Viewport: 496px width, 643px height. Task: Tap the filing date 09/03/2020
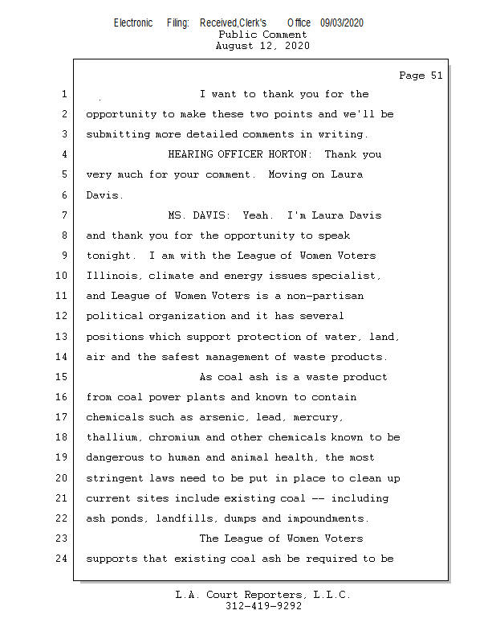click(342, 23)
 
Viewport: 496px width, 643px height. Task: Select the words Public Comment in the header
click(262, 35)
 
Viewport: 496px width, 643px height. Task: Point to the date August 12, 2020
click(262, 46)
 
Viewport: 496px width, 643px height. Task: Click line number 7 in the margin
click(63, 215)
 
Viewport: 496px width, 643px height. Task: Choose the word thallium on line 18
click(112, 437)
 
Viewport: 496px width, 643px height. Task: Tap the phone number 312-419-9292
click(263, 606)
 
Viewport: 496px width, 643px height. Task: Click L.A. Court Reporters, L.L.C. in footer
click(263, 595)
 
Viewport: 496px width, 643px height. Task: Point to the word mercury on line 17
click(319, 417)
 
